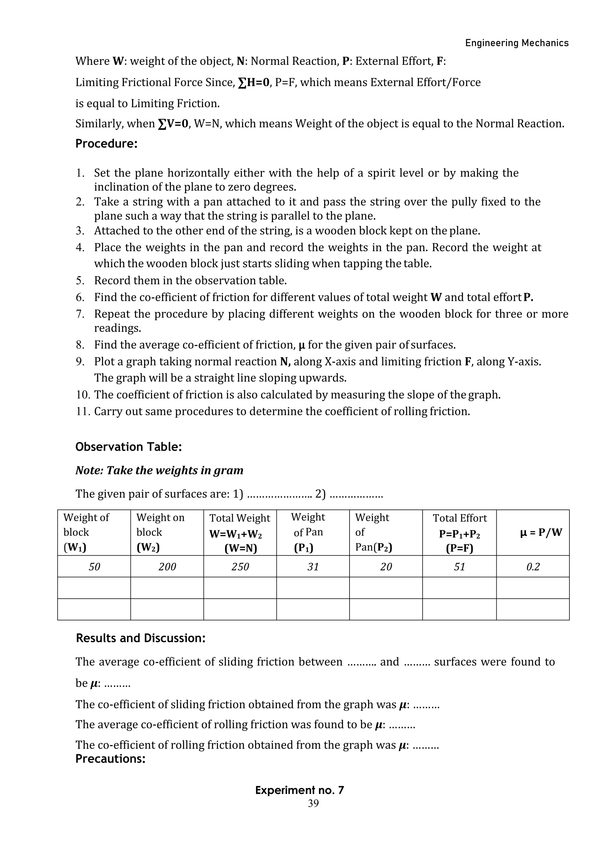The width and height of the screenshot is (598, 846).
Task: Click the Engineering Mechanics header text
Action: (517, 43)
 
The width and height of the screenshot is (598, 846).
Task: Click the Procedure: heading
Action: (106, 144)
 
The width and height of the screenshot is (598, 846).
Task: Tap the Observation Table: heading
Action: (128, 447)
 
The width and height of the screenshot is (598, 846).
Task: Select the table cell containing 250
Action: (240, 567)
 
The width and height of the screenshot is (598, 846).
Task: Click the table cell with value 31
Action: (313, 567)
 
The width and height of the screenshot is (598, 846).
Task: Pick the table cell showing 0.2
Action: (533, 567)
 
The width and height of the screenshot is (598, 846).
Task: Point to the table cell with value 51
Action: (459, 567)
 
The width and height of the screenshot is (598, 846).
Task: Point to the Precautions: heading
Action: (110, 759)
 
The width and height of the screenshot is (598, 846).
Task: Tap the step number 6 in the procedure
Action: (80, 298)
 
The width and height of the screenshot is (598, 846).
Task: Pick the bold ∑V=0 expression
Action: (173, 124)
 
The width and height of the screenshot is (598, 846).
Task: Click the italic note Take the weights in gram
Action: (159, 471)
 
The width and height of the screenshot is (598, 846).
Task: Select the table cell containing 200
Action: (167, 567)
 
